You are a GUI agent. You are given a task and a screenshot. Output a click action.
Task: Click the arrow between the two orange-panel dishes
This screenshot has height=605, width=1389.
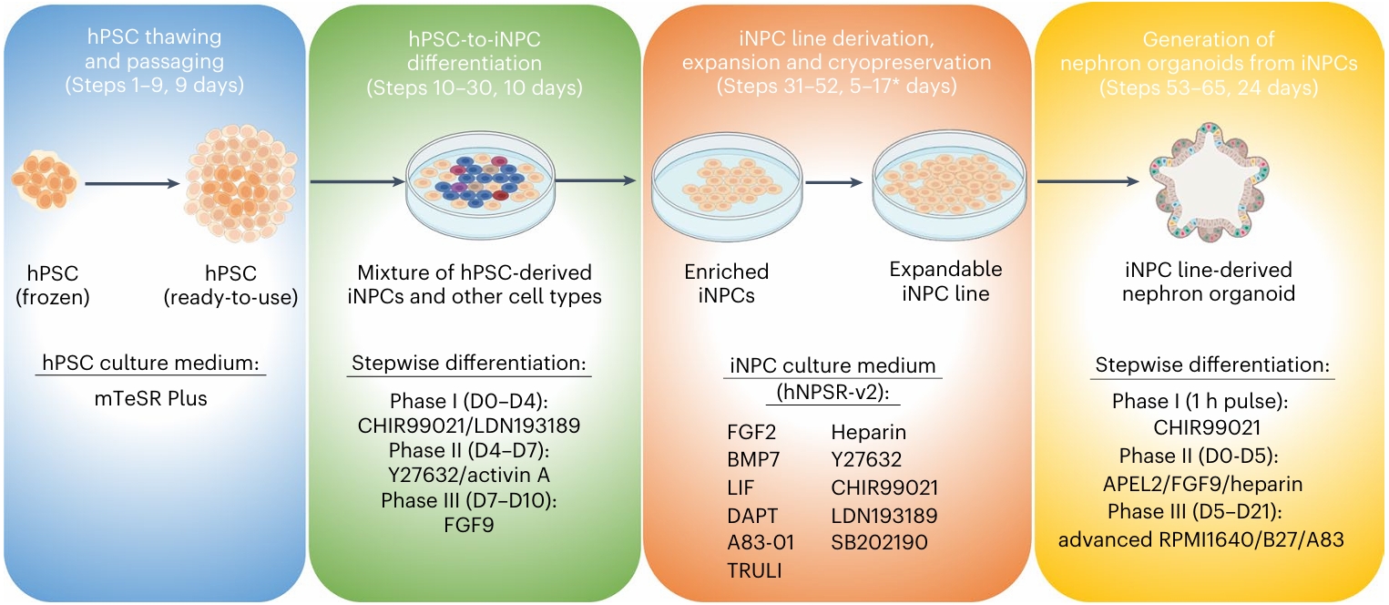pos(832,182)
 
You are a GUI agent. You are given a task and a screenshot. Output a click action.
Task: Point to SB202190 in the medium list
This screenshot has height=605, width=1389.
pos(879,543)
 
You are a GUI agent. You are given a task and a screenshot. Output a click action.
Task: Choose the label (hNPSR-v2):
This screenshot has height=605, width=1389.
pos(835,391)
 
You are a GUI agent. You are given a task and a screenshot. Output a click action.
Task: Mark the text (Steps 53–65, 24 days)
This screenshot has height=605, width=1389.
pos(1208,88)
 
